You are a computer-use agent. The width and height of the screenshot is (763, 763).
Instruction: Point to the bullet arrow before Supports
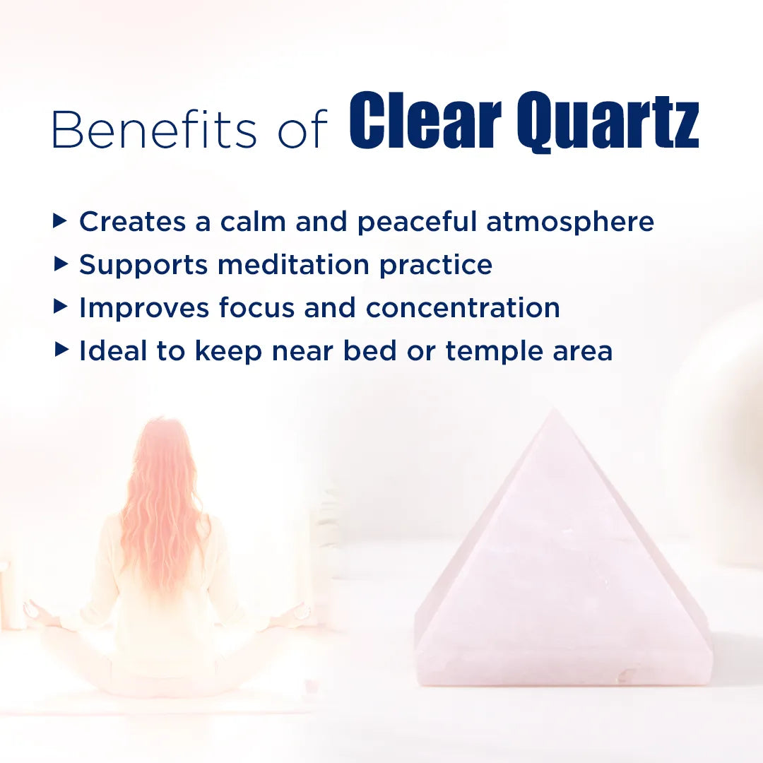(61, 265)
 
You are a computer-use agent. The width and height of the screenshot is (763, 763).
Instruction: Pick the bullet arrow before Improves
(61, 307)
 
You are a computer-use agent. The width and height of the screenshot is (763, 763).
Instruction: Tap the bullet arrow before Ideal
(61, 350)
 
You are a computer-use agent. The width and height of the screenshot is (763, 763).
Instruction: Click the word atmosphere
(569, 222)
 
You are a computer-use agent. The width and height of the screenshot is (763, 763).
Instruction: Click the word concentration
(463, 308)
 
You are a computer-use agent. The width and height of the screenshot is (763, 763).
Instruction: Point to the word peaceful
(417, 222)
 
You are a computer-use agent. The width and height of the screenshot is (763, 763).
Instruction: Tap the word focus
(256, 308)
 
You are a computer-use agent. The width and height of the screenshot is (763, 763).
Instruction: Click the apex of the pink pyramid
(556, 410)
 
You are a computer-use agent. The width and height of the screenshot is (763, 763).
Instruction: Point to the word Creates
(132, 222)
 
